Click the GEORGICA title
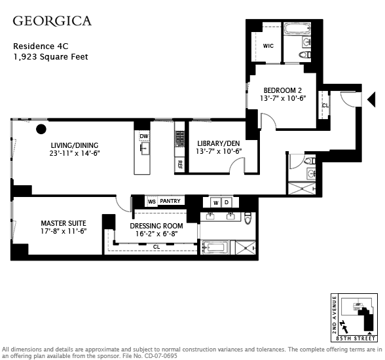(x=52, y=21)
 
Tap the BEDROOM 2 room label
(x=283, y=90)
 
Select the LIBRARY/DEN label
(x=219, y=143)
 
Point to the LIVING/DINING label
(x=75, y=145)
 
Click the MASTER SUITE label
(x=64, y=223)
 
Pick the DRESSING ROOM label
(x=156, y=226)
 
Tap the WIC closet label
(x=268, y=46)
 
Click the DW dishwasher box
(x=144, y=136)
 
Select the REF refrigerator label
(x=179, y=165)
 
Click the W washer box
(x=216, y=203)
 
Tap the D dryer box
(x=227, y=202)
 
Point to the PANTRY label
(x=170, y=201)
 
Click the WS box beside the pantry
(x=152, y=202)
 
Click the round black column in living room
(x=41, y=129)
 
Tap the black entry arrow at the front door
(x=371, y=99)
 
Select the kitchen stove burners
(x=179, y=139)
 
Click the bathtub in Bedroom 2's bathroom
(x=297, y=29)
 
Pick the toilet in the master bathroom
(x=248, y=218)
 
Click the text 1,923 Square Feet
(x=50, y=57)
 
